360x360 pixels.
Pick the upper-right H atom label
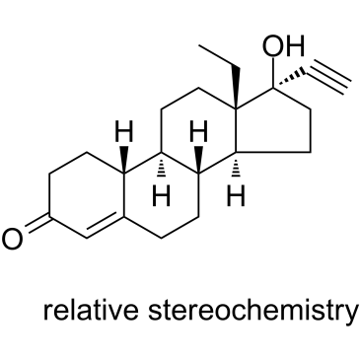pyautogui.click(x=198, y=131)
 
